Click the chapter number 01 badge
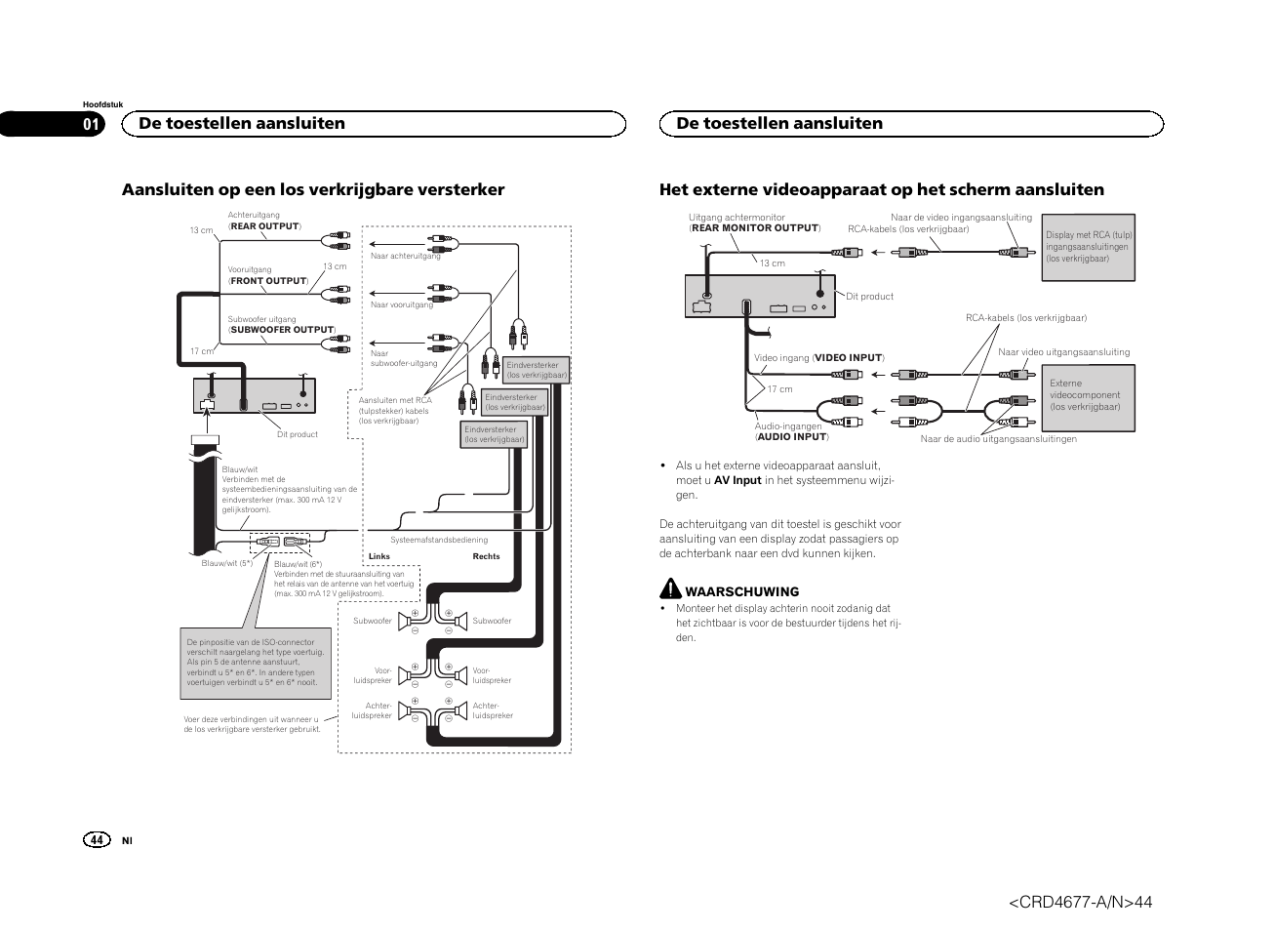[91, 124]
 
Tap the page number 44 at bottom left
[97, 840]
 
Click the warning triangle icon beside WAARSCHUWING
[670, 588]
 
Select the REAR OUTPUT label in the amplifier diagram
[264, 226]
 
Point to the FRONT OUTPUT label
[268, 281]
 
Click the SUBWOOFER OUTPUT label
[282, 330]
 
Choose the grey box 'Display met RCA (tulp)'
[1088, 248]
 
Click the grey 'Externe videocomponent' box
[1090, 396]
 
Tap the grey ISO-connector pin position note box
[256, 663]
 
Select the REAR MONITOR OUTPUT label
[755, 228]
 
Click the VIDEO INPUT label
[848, 358]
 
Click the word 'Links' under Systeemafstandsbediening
[379, 556]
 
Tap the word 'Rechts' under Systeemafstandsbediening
[486, 556]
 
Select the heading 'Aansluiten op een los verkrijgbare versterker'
[313, 189]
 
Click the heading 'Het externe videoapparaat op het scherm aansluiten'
[882, 189]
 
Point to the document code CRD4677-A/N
[1080, 903]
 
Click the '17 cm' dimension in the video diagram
[779, 389]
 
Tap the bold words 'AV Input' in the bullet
[737, 480]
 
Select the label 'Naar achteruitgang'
[405, 257]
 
